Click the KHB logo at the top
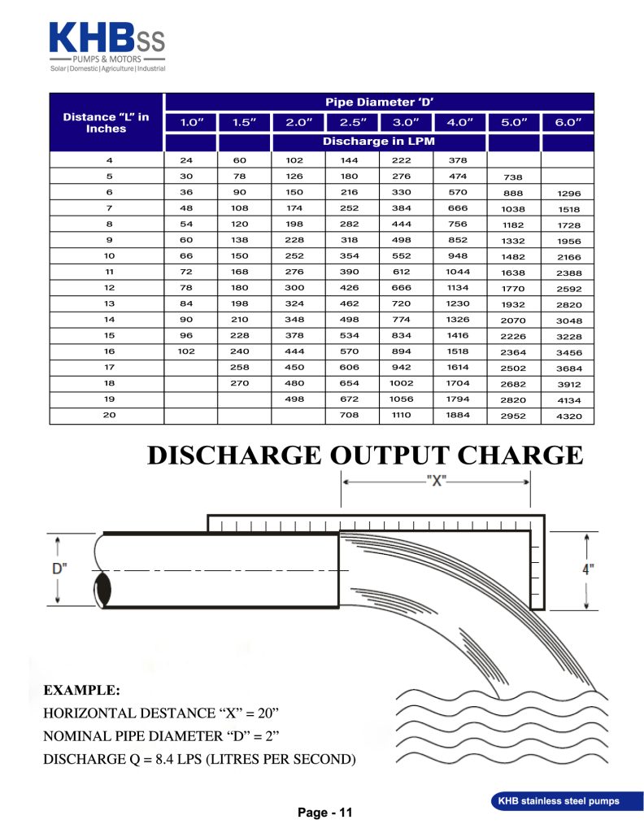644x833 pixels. pos(107,46)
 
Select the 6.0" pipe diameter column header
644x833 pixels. pos(568,122)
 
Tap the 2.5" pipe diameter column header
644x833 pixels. pos(352,122)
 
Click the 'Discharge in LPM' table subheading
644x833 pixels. pos(379,142)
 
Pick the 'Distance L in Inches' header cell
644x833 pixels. pos(107,123)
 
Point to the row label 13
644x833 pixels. pos(110,303)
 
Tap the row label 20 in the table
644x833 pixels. pos(110,415)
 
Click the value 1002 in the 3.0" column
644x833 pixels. pos(405,383)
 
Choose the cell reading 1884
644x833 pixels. pos(459,415)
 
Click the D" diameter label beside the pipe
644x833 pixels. pos(59,569)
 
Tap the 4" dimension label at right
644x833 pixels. pos(588,569)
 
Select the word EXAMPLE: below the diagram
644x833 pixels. pos(81,691)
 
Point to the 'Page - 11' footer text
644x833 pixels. pos(324,813)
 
